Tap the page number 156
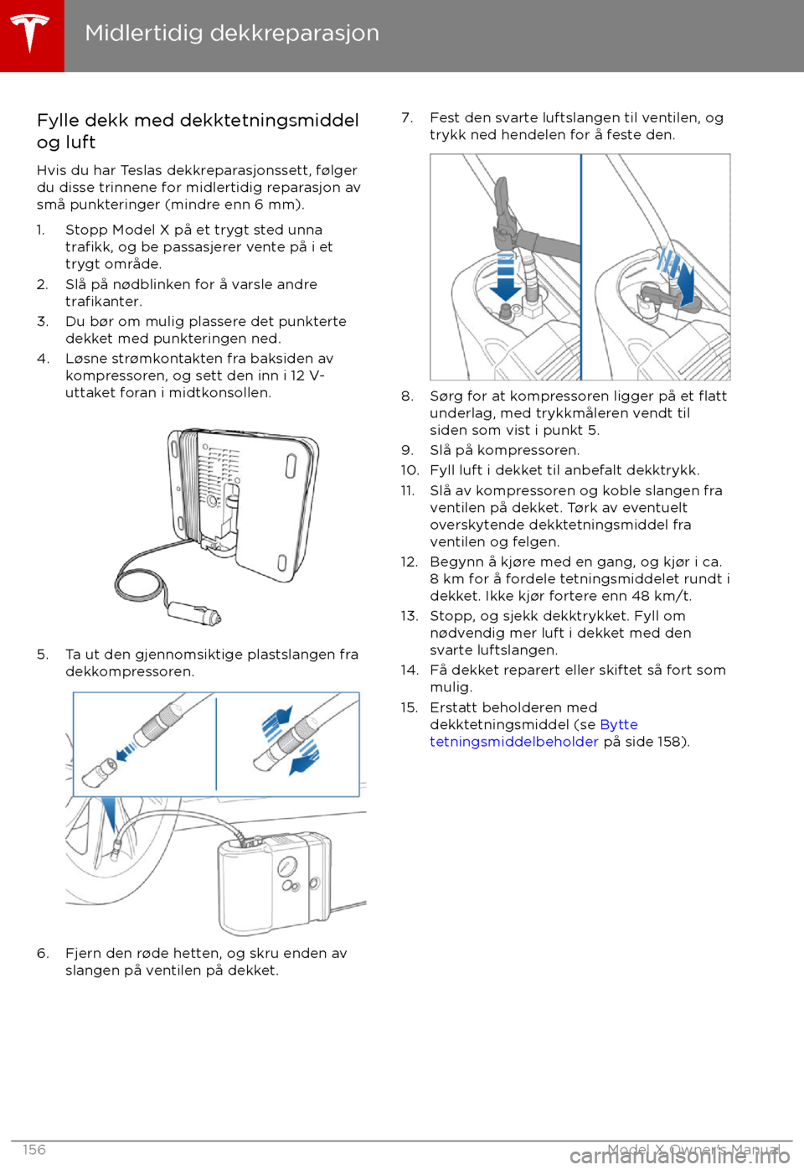point(34,1150)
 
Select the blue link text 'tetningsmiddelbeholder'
point(513,742)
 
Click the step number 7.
point(406,118)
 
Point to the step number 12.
point(409,562)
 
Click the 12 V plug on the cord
point(195,613)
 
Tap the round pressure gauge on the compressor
point(286,867)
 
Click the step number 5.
point(42,655)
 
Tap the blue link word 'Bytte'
point(618,725)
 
